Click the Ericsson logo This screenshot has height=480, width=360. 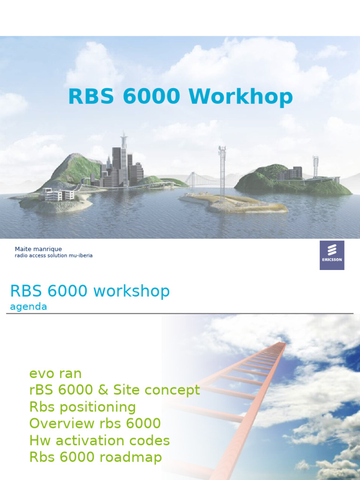pyautogui.click(x=332, y=255)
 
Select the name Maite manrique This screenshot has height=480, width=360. pyautogui.click(x=38, y=249)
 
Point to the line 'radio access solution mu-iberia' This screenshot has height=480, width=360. pyautogui.click(x=53, y=256)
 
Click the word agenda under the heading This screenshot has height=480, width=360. pyautogui.click(x=29, y=307)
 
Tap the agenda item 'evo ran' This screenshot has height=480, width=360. pyautogui.click(x=55, y=374)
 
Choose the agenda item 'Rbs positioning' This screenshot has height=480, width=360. pyautogui.click(x=82, y=407)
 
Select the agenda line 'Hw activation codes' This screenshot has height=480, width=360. pyautogui.click(x=99, y=441)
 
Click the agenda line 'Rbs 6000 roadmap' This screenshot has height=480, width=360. pyautogui.click(x=96, y=457)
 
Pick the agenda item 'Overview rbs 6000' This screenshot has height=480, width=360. pyautogui.click(x=95, y=424)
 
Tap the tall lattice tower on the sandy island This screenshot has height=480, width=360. pyautogui.click(x=222, y=171)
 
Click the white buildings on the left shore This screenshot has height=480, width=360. pyautogui.click(x=57, y=194)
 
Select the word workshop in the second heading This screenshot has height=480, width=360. pyautogui.click(x=132, y=291)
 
